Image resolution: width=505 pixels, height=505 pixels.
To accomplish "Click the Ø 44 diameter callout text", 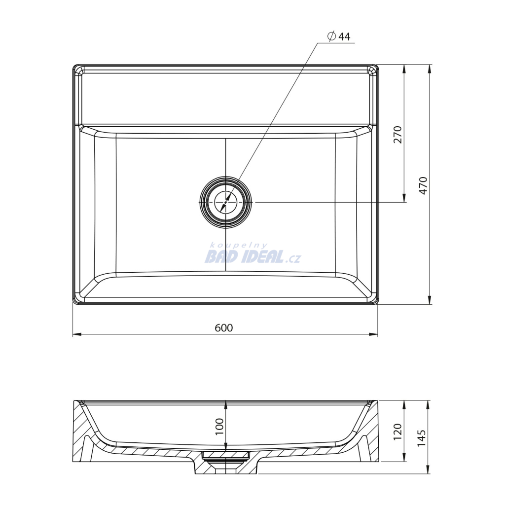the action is (339, 36).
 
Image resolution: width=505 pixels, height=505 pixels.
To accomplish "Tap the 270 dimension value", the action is (398, 135).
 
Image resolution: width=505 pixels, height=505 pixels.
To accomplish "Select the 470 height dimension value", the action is (423, 185).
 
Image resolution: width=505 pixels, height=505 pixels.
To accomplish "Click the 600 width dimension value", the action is (224, 327).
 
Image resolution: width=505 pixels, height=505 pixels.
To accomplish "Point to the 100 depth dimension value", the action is (219, 426).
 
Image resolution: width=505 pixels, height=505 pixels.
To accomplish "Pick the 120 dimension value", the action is (397, 432).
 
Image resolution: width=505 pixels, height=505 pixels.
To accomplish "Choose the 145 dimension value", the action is (422, 438).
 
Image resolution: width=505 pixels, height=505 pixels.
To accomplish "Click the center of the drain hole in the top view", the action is (225, 202).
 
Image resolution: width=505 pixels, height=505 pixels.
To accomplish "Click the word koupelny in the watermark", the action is (238, 246).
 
